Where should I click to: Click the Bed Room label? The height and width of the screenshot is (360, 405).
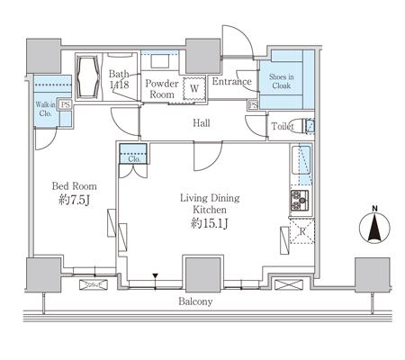click(x=75, y=186)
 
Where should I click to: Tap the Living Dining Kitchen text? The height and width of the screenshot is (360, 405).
click(x=210, y=203)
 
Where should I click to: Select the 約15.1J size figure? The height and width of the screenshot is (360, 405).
click(x=210, y=223)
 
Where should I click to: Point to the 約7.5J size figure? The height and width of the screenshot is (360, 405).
click(x=75, y=200)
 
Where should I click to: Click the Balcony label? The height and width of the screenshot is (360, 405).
click(x=195, y=301)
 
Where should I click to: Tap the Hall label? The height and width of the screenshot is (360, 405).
click(x=202, y=123)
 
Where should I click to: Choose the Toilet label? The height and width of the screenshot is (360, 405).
click(x=283, y=126)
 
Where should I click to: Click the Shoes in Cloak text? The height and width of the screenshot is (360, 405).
click(x=282, y=81)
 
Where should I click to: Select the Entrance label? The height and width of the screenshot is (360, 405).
click(x=231, y=81)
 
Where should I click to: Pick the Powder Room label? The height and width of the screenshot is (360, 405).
click(x=162, y=89)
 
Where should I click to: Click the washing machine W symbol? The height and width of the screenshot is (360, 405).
click(x=194, y=89)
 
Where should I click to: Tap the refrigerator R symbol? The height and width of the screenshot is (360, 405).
click(x=302, y=231)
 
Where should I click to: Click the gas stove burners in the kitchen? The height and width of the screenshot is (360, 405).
click(x=300, y=201)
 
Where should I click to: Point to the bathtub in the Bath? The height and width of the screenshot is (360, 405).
click(x=87, y=76)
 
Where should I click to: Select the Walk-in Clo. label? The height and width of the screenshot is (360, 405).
click(x=46, y=109)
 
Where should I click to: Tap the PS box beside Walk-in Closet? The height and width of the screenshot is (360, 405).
click(x=65, y=105)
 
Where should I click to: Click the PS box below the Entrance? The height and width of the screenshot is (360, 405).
click(x=253, y=104)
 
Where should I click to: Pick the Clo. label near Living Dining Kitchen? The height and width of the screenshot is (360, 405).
click(x=134, y=159)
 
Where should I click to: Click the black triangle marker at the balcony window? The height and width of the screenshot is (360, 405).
click(x=155, y=275)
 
